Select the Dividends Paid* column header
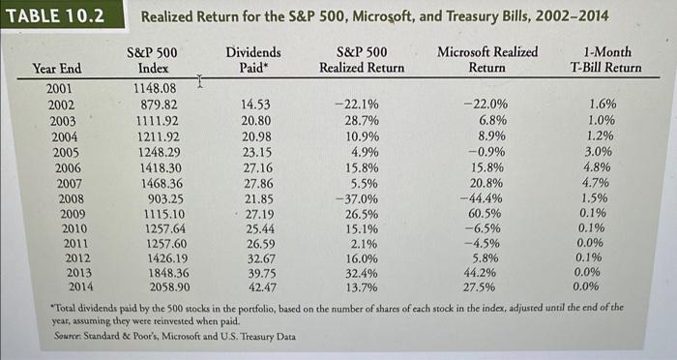pos(253,59)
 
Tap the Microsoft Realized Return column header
pos(487,59)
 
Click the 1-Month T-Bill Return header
pos(606,59)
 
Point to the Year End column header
pos(57,68)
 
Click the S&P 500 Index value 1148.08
pos(155,89)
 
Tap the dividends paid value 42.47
pos(256,286)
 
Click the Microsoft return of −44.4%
pos(486,198)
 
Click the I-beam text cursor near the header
pos(198,84)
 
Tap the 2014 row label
pos(62,286)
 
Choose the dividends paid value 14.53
pos(256,104)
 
